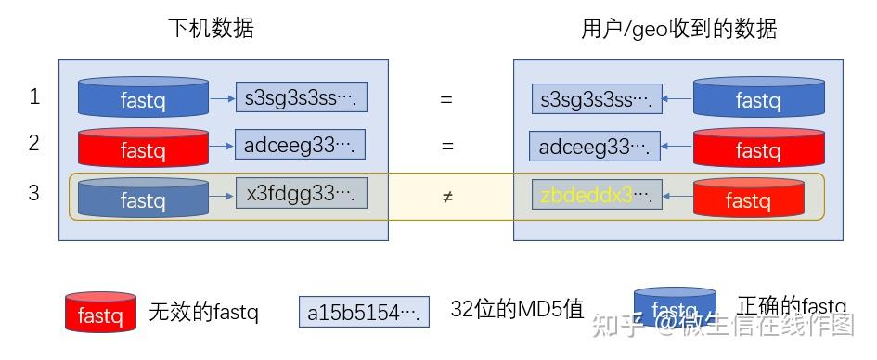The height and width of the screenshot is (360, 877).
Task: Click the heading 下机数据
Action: click(x=210, y=29)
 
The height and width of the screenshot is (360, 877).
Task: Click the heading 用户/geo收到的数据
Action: click(x=678, y=29)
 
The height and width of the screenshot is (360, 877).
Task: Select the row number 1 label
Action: click(x=34, y=96)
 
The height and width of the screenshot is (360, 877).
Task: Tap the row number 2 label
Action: click(x=34, y=144)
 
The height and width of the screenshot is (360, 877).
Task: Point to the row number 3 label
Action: click(x=34, y=193)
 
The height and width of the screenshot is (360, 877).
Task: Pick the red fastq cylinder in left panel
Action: click(x=143, y=147)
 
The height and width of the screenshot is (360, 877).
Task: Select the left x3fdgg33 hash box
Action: click(x=301, y=193)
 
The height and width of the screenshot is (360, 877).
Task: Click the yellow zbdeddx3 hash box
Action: click(x=597, y=195)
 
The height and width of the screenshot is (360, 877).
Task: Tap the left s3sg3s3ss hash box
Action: click(x=301, y=96)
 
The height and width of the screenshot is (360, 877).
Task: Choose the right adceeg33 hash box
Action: click(x=595, y=147)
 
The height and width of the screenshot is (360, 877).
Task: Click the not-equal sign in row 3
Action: click(x=447, y=197)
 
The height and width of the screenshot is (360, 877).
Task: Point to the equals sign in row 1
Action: click(x=446, y=98)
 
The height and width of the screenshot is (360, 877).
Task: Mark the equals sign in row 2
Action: click(x=446, y=147)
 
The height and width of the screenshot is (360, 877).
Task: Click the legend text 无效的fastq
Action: click(x=203, y=313)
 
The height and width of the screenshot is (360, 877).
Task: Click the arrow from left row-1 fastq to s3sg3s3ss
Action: click(x=222, y=96)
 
